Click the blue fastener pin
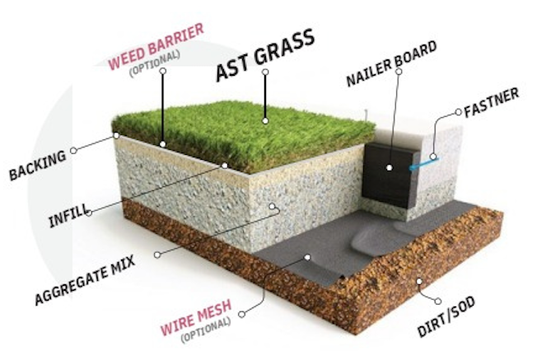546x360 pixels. pos(421,162)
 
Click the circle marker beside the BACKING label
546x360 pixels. pos(74,151)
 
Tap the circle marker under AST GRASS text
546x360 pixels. pos(265,72)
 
